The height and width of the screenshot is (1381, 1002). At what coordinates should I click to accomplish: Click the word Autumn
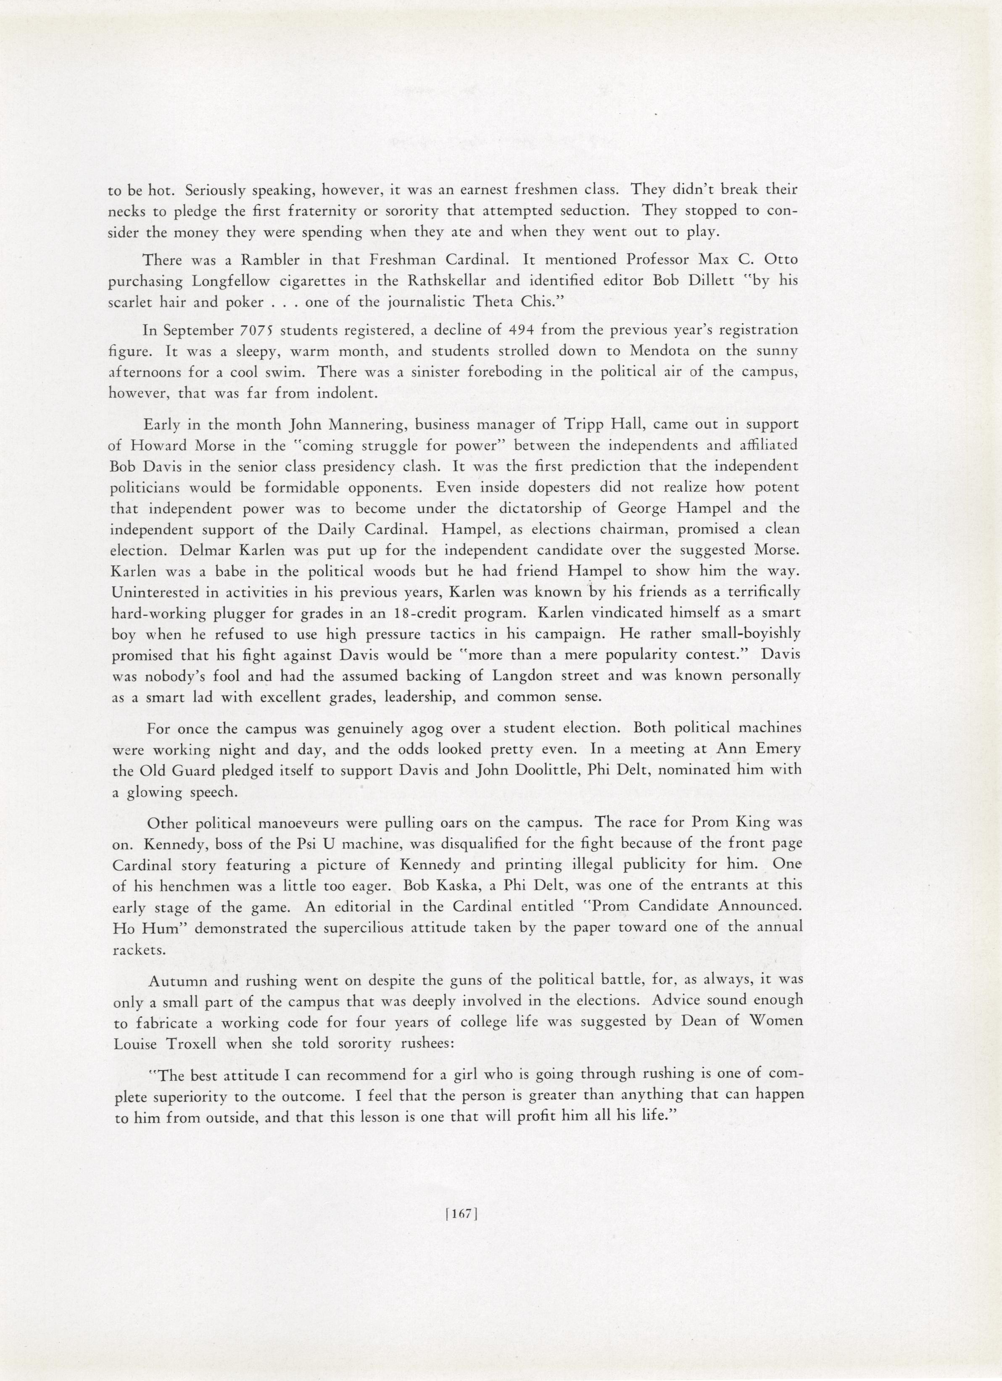[x=175, y=981]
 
